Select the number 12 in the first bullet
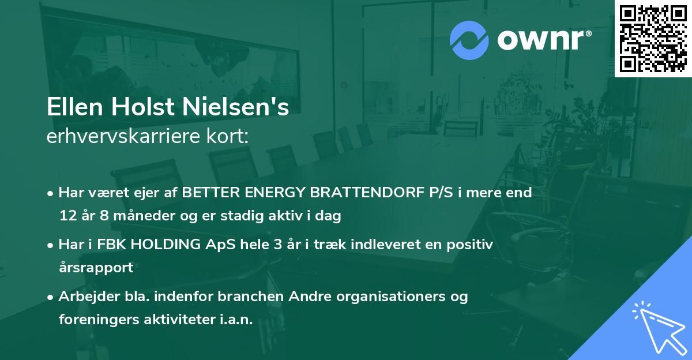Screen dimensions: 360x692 (67, 216)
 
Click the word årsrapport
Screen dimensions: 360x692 (96, 268)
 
